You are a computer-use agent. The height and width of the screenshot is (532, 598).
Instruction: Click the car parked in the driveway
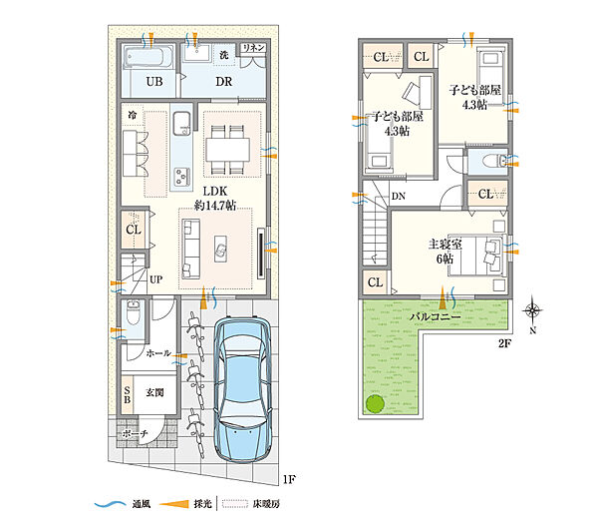242,389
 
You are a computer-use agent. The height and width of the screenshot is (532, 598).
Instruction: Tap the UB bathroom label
154,81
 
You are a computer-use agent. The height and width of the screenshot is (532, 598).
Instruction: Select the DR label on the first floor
224,81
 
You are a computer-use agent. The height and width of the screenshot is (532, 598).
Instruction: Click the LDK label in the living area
215,191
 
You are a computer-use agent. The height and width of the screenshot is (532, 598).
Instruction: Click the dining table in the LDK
228,150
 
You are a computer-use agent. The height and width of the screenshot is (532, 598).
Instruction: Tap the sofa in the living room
191,249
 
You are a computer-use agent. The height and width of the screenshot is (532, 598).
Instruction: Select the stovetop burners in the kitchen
181,177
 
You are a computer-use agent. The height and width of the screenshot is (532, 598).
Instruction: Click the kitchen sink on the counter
182,123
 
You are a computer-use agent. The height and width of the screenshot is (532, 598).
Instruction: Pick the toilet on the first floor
134,312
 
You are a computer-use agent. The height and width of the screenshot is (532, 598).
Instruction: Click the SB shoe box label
128,395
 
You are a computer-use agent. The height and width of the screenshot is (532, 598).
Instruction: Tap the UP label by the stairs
156,279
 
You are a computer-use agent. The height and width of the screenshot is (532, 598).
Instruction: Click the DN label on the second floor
399,197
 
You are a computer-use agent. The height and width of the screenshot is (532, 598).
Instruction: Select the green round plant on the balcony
376,403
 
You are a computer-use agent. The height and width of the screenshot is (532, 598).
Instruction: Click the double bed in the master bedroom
476,255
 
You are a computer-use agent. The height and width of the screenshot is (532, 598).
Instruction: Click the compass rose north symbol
532,310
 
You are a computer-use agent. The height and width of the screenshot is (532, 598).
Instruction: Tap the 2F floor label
504,343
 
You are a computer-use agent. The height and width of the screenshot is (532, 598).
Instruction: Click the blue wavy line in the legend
110,504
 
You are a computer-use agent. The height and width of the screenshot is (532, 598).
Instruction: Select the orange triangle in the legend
174,504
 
